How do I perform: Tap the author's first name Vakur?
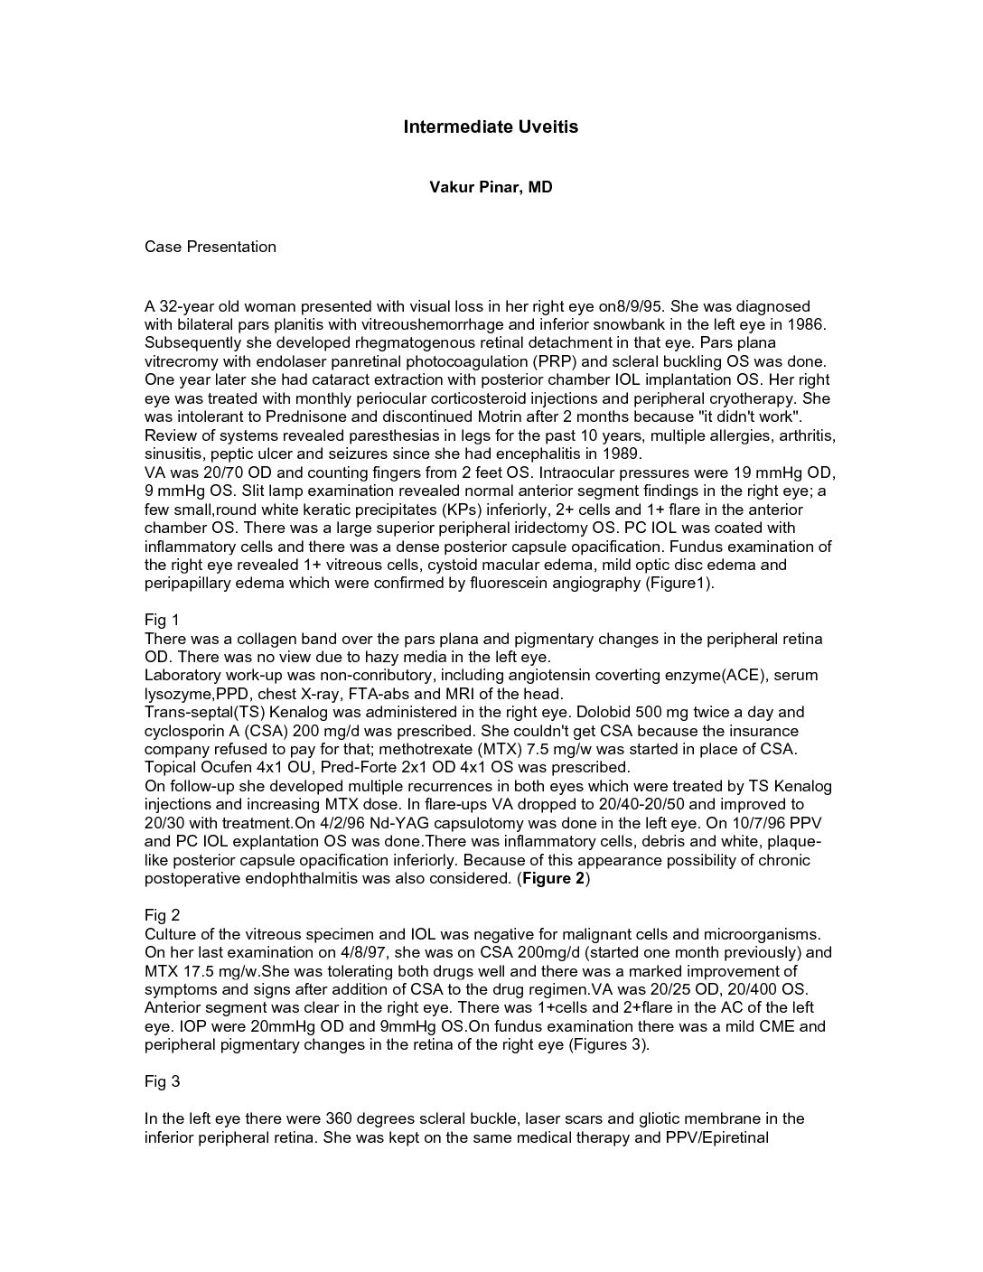pyautogui.click(x=449, y=188)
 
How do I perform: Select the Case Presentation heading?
pyautogui.click(x=211, y=247)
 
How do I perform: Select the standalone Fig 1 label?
pyautogui.click(x=163, y=620)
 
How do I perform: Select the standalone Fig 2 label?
pyautogui.click(x=163, y=915)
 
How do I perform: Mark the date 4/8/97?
pyautogui.click(x=402, y=952)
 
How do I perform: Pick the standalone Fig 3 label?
pyautogui.click(x=163, y=1081)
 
